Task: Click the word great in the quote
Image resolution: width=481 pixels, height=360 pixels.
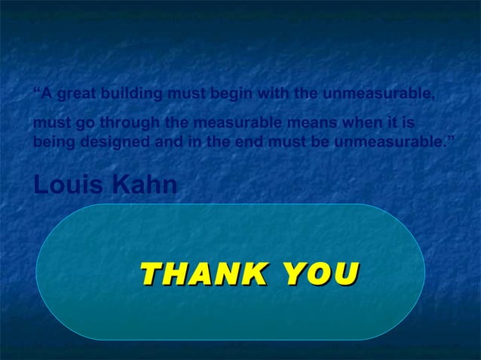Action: (x=78, y=94)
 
